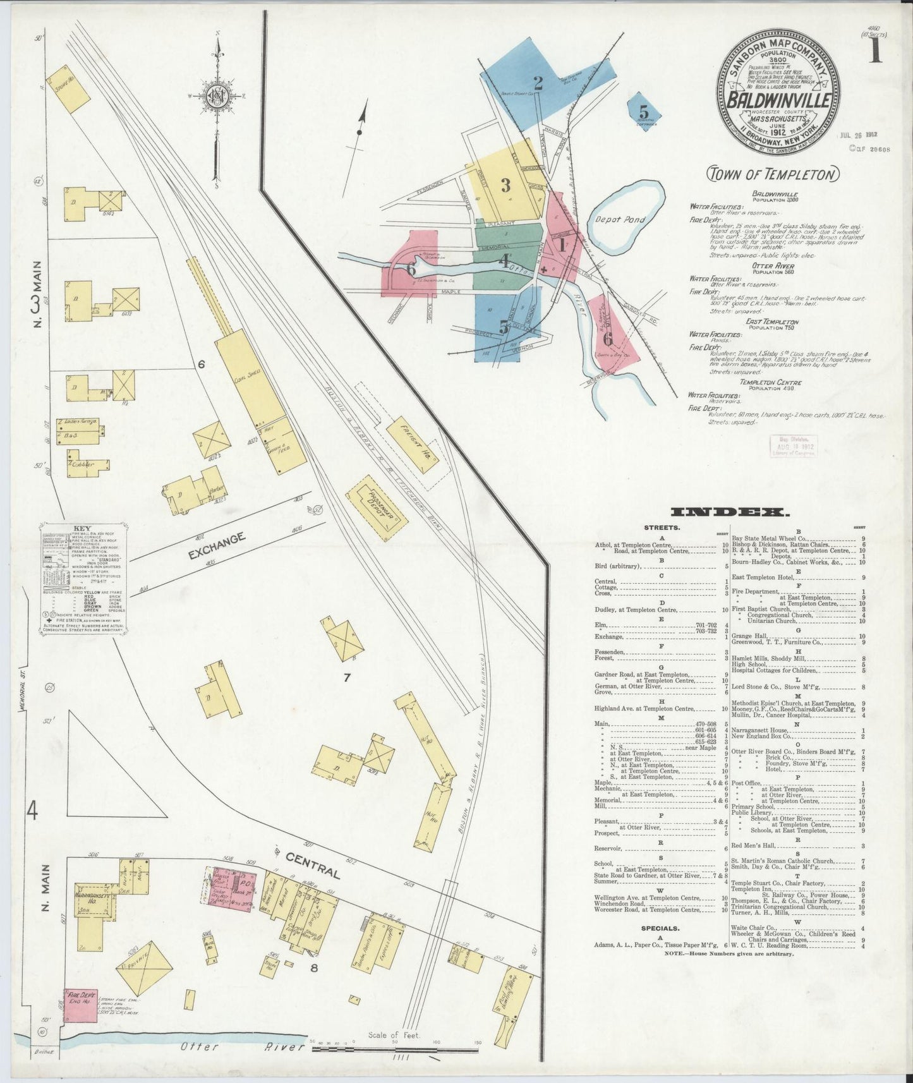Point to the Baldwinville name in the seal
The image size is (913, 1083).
click(x=777, y=100)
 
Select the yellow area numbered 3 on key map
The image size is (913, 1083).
click(x=505, y=185)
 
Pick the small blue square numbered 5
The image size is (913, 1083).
click(x=644, y=112)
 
